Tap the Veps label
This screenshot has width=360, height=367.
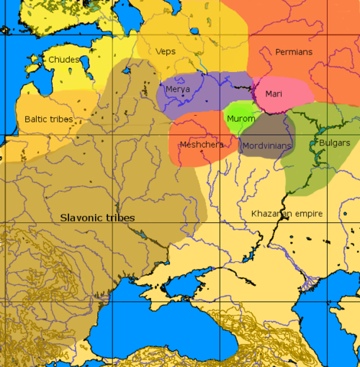[165, 51]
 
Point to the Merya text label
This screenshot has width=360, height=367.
[178, 90]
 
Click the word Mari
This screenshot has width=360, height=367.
[273, 93]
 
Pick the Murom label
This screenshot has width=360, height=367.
[241, 119]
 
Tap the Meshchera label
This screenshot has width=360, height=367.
[200, 144]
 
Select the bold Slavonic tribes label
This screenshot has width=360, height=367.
[97, 218]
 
